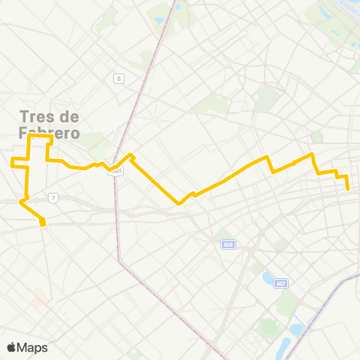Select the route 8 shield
tap(118, 79)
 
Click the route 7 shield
tap(52, 197)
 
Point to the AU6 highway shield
tap(228, 244)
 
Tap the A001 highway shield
tap(115, 171)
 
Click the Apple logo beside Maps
tap(11, 347)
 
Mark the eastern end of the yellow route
tap(349, 189)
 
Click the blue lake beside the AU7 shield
tap(267, 280)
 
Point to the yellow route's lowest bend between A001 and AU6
tap(179, 203)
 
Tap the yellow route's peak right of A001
tap(131, 155)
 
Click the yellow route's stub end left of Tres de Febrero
tap(12, 160)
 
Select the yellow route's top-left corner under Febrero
tap(29, 137)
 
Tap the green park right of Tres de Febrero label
tap(96, 139)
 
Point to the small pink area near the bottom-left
tap(37, 301)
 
